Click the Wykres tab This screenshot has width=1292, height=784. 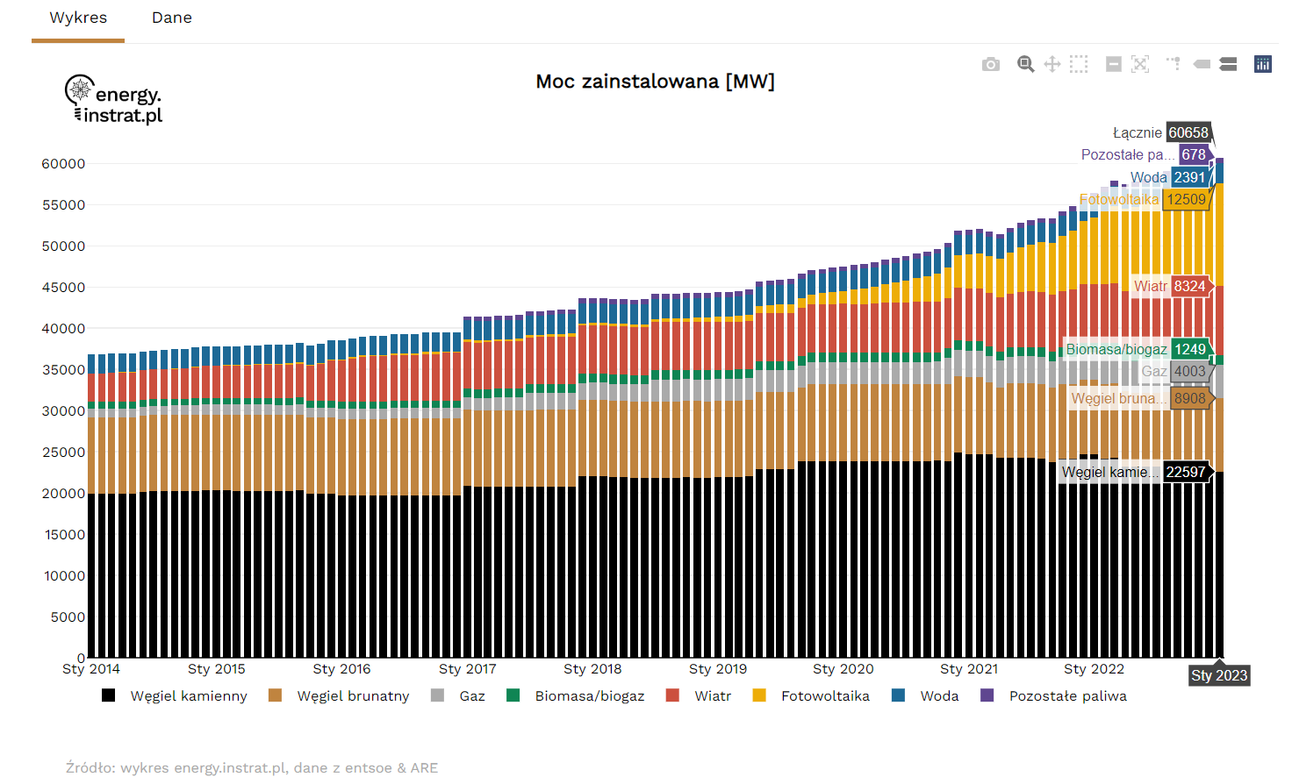[x=78, y=18]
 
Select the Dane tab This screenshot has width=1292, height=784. [x=171, y=18]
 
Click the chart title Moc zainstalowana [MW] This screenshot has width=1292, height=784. [x=655, y=82]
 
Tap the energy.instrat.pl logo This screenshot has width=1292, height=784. [x=114, y=100]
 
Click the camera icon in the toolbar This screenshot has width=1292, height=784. [x=991, y=64]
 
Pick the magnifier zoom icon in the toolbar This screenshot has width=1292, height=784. [x=1025, y=64]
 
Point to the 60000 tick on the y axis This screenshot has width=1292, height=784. [x=63, y=164]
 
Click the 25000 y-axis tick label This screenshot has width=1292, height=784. [x=63, y=453]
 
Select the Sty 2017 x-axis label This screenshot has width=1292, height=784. [x=467, y=669]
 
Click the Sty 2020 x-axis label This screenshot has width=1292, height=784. [x=843, y=669]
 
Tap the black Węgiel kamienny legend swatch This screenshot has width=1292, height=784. [x=109, y=695]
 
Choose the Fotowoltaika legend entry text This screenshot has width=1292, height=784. [x=825, y=696]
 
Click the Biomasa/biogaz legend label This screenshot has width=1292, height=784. [x=589, y=696]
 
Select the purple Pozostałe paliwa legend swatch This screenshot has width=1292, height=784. [x=987, y=695]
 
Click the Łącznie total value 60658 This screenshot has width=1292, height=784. [x=1188, y=132]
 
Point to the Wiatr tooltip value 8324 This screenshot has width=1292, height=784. [x=1189, y=287]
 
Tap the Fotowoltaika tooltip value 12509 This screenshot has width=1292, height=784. [x=1186, y=200]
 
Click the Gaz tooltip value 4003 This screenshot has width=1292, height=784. [x=1189, y=372]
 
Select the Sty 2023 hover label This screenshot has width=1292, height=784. [x=1219, y=675]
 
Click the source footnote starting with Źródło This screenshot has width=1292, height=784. [x=252, y=768]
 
